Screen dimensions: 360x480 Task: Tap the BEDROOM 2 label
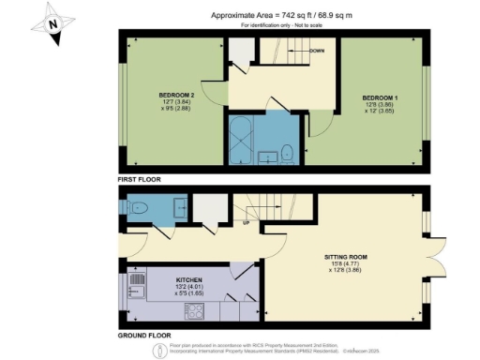[176, 95]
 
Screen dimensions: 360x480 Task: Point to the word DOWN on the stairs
[317, 50]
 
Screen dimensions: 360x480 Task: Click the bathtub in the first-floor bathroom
[238, 141]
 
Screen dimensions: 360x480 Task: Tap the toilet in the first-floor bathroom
[288, 152]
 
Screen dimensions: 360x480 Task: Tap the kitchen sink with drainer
[136, 279]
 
